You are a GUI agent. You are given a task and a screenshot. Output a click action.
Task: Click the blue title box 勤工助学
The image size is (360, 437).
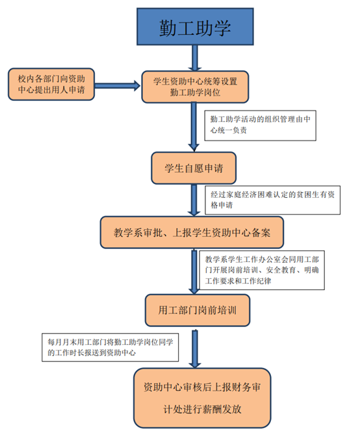tap(195, 27)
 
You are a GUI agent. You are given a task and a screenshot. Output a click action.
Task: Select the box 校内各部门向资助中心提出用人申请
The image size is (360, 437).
tap(51, 84)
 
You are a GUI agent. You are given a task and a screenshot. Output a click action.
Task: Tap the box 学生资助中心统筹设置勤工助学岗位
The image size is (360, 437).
tap(195, 86)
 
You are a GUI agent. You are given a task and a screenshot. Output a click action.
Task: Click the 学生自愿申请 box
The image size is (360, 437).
tap(194, 168)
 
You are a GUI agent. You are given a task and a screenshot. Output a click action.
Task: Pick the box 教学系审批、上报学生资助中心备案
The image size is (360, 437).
tap(192, 232)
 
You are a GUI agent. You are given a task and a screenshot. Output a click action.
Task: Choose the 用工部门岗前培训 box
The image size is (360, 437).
tap(198, 310)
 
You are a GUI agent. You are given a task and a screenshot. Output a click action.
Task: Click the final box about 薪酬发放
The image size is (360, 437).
tap(202, 398)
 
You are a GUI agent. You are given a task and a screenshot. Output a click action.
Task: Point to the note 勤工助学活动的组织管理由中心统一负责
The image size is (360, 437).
tap(261, 126)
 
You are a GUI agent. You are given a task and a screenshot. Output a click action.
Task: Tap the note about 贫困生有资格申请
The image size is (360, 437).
tap(272, 200)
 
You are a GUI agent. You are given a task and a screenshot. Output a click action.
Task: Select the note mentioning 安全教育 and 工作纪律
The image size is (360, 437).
tap(262, 270)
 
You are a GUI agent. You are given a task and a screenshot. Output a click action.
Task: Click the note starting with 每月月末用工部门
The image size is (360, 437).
tap(110, 347)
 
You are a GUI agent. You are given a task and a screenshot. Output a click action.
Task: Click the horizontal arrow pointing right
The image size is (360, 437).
tap(117, 86)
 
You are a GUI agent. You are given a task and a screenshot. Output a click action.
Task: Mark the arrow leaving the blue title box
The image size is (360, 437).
tap(195, 58)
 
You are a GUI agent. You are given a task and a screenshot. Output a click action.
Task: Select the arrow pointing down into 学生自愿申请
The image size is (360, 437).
tap(194, 127)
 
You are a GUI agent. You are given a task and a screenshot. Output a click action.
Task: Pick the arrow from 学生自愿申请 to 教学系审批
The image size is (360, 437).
tap(194, 200)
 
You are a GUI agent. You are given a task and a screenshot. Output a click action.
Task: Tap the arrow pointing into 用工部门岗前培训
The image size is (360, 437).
tap(194, 272)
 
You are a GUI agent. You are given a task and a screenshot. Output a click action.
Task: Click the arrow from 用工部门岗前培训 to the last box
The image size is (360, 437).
tap(195, 349)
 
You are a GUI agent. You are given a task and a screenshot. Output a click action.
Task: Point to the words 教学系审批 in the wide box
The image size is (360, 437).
tap(133, 232)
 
